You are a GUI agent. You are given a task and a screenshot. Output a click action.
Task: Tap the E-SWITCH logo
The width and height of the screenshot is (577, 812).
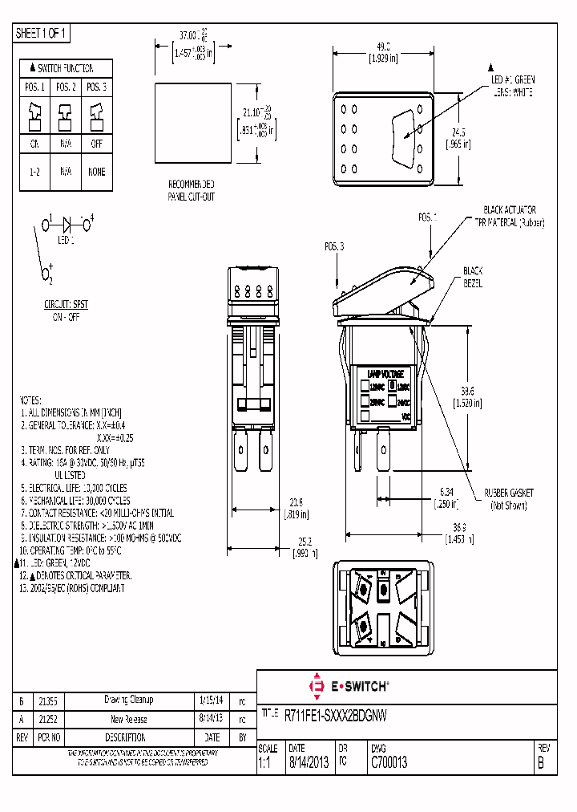[349, 687]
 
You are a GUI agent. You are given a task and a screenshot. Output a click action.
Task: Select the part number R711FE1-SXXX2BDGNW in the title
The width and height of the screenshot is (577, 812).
[336, 714]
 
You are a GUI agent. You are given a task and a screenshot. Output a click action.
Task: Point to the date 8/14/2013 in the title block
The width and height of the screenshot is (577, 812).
[309, 764]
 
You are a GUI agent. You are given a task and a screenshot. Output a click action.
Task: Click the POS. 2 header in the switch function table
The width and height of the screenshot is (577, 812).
[66, 87]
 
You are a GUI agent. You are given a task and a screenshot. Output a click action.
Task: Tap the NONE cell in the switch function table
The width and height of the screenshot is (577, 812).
[96, 172]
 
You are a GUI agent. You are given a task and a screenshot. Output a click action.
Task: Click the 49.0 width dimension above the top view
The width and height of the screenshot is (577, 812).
[382, 47]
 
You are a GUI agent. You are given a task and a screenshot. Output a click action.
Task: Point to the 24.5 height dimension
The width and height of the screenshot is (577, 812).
[458, 132]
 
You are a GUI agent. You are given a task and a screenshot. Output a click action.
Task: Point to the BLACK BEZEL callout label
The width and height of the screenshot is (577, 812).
[473, 278]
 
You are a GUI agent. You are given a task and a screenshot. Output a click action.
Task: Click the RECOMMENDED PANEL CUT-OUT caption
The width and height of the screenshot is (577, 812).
[191, 189]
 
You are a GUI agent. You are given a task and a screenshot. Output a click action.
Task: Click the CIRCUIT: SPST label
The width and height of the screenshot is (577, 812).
[66, 306]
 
